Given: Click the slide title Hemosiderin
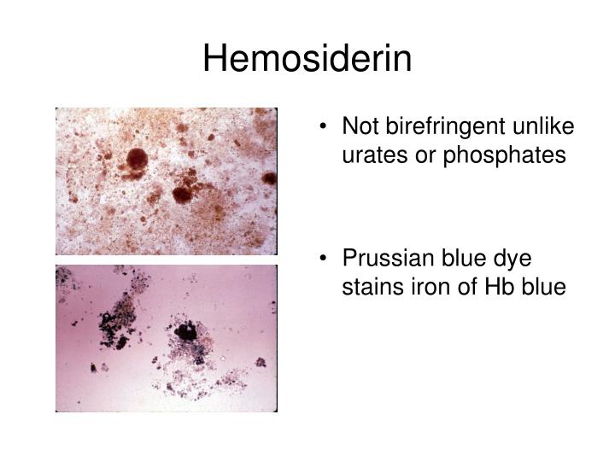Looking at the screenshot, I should (307, 59).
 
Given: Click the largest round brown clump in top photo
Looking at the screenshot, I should (137, 158).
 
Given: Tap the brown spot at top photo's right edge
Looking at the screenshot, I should (269, 178).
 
